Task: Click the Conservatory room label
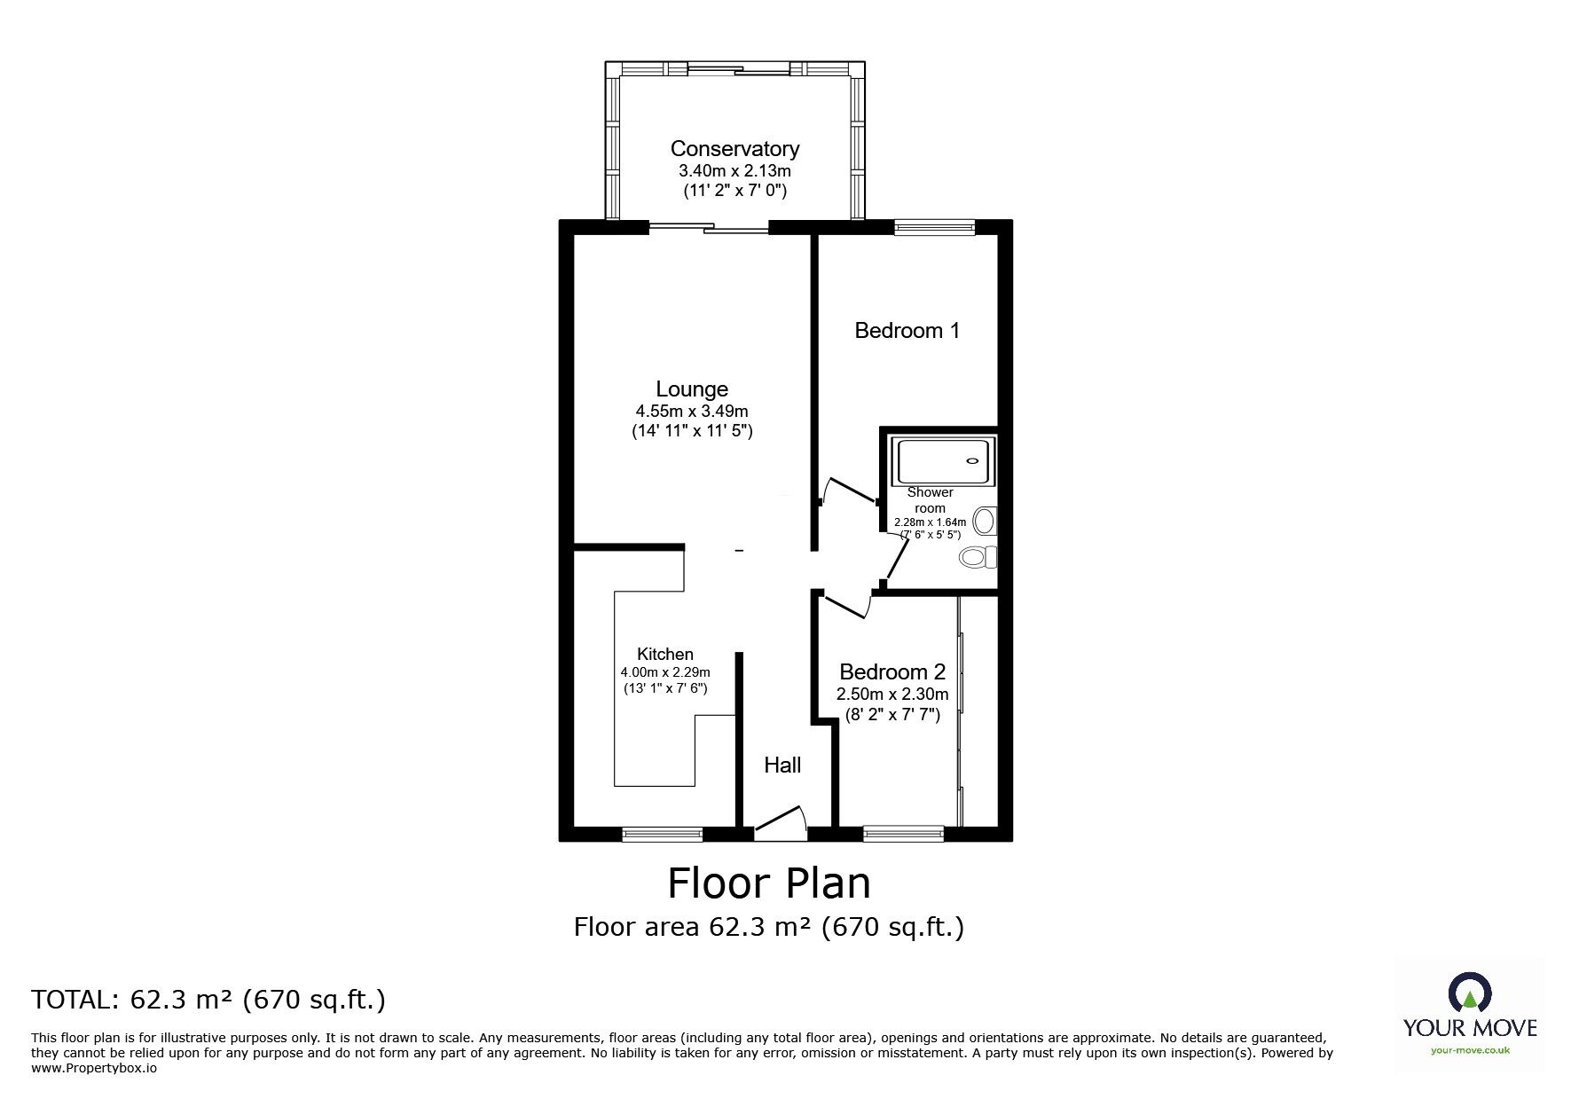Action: tap(734, 149)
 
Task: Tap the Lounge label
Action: tap(692, 389)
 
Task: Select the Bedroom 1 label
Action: tap(907, 331)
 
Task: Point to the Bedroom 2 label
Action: tap(892, 672)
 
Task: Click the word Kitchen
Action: tap(665, 655)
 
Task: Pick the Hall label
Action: tap(782, 765)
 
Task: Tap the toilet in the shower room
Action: tap(978, 557)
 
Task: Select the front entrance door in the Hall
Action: tap(780, 822)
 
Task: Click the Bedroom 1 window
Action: tap(935, 228)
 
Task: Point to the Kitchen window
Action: tap(662, 834)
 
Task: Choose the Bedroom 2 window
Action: tap(903, 834)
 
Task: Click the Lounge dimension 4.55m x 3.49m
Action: tap(692, 412)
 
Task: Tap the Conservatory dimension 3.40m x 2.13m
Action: tap(734, 171)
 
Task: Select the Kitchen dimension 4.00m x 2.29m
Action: tap(665, 672)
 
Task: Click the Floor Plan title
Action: tap(769, 883)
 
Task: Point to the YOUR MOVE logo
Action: tap(1470, 1013)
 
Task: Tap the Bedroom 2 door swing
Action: tap(847, 606)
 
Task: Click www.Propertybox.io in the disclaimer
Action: tap(94, 1069)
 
